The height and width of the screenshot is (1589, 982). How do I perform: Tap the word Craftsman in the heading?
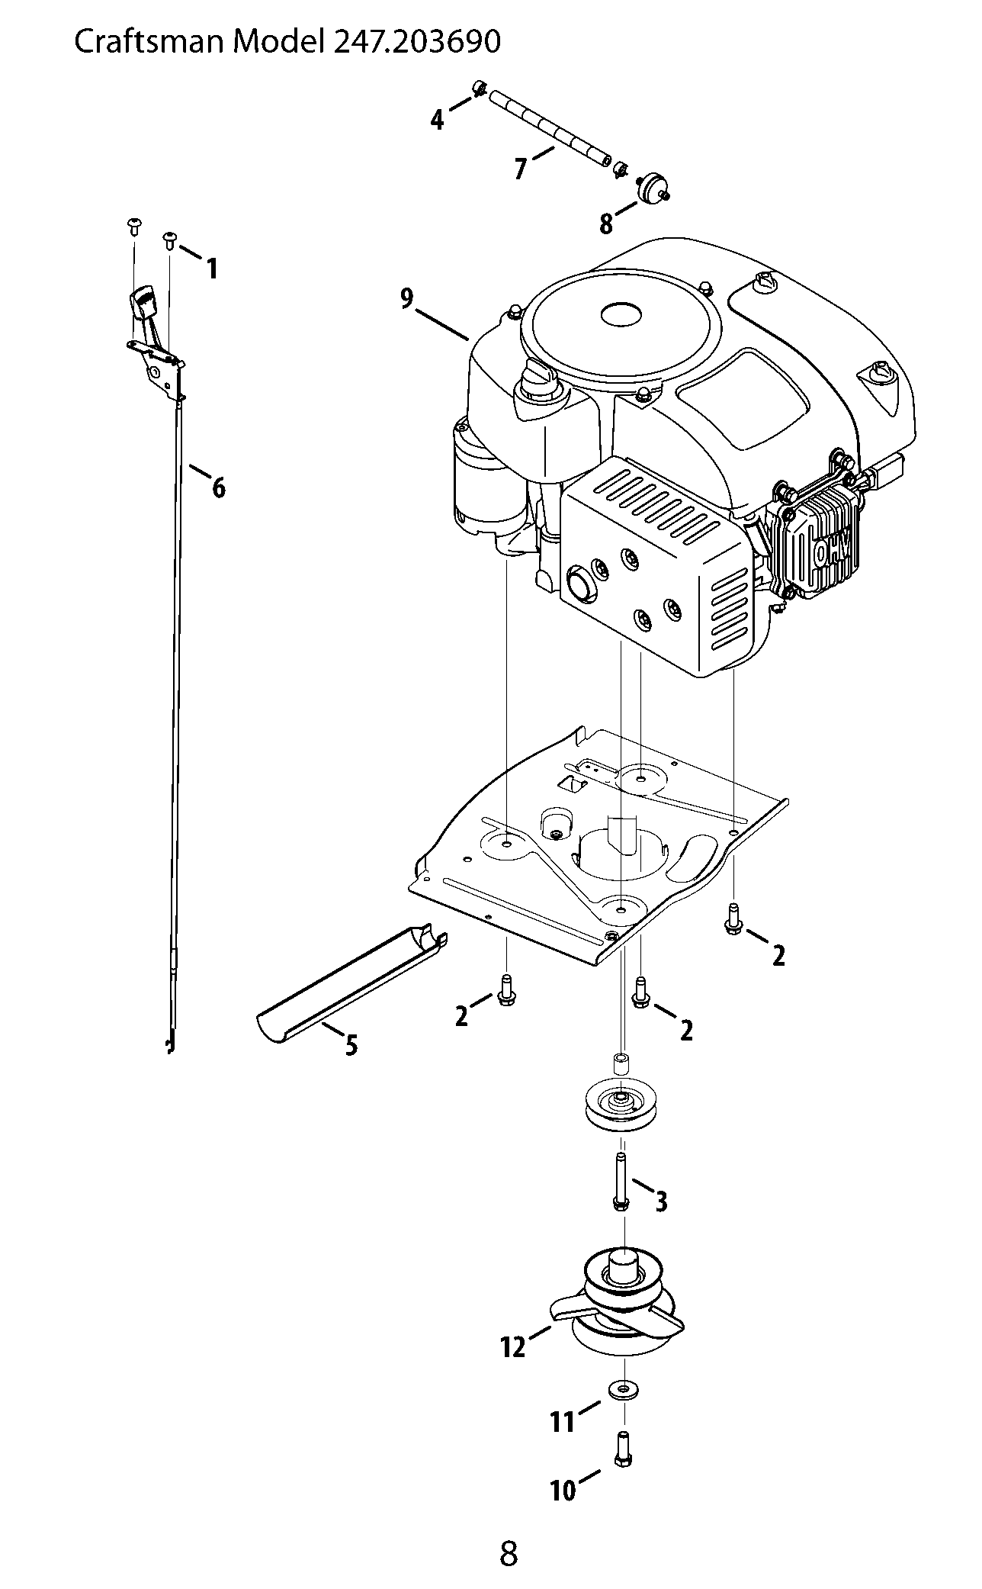point(149,42)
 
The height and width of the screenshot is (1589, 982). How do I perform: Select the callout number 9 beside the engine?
point(407,298)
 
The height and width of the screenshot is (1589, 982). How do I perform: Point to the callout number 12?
point(514,1348)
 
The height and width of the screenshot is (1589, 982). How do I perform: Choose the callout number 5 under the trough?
point(351,1045)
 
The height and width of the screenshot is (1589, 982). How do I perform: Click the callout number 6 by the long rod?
point(219,487)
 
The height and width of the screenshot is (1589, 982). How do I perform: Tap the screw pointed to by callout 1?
point(170,240)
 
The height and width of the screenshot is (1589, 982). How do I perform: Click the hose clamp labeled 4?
point(480,88)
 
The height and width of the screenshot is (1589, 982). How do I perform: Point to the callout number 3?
point(661,1201)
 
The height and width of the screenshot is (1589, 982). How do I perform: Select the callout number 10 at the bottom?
point(563,1491)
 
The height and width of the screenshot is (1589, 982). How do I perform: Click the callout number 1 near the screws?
point(212,269)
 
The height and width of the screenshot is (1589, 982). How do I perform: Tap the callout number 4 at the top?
point(437,120)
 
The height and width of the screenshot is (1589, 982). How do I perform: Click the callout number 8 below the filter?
point(606,224)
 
